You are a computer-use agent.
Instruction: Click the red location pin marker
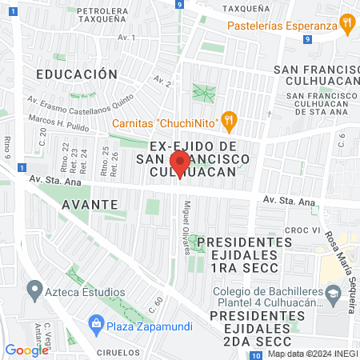tap(180, 165)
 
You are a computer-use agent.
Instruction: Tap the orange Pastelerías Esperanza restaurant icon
tap(346, 23)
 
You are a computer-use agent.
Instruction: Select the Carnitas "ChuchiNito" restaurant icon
tap(229, 122)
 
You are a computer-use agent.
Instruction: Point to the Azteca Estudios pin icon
tap(34, 287)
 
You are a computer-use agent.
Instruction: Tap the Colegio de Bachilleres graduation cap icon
tap(330, 296)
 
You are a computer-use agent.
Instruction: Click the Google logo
tap(26, 350)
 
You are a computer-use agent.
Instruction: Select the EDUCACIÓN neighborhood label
tap(77, 74)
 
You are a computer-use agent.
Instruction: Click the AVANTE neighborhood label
tap(89, 204)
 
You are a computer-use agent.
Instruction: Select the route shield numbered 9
tap(182, 5)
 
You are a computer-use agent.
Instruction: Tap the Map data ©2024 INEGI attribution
tap(312, 354)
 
